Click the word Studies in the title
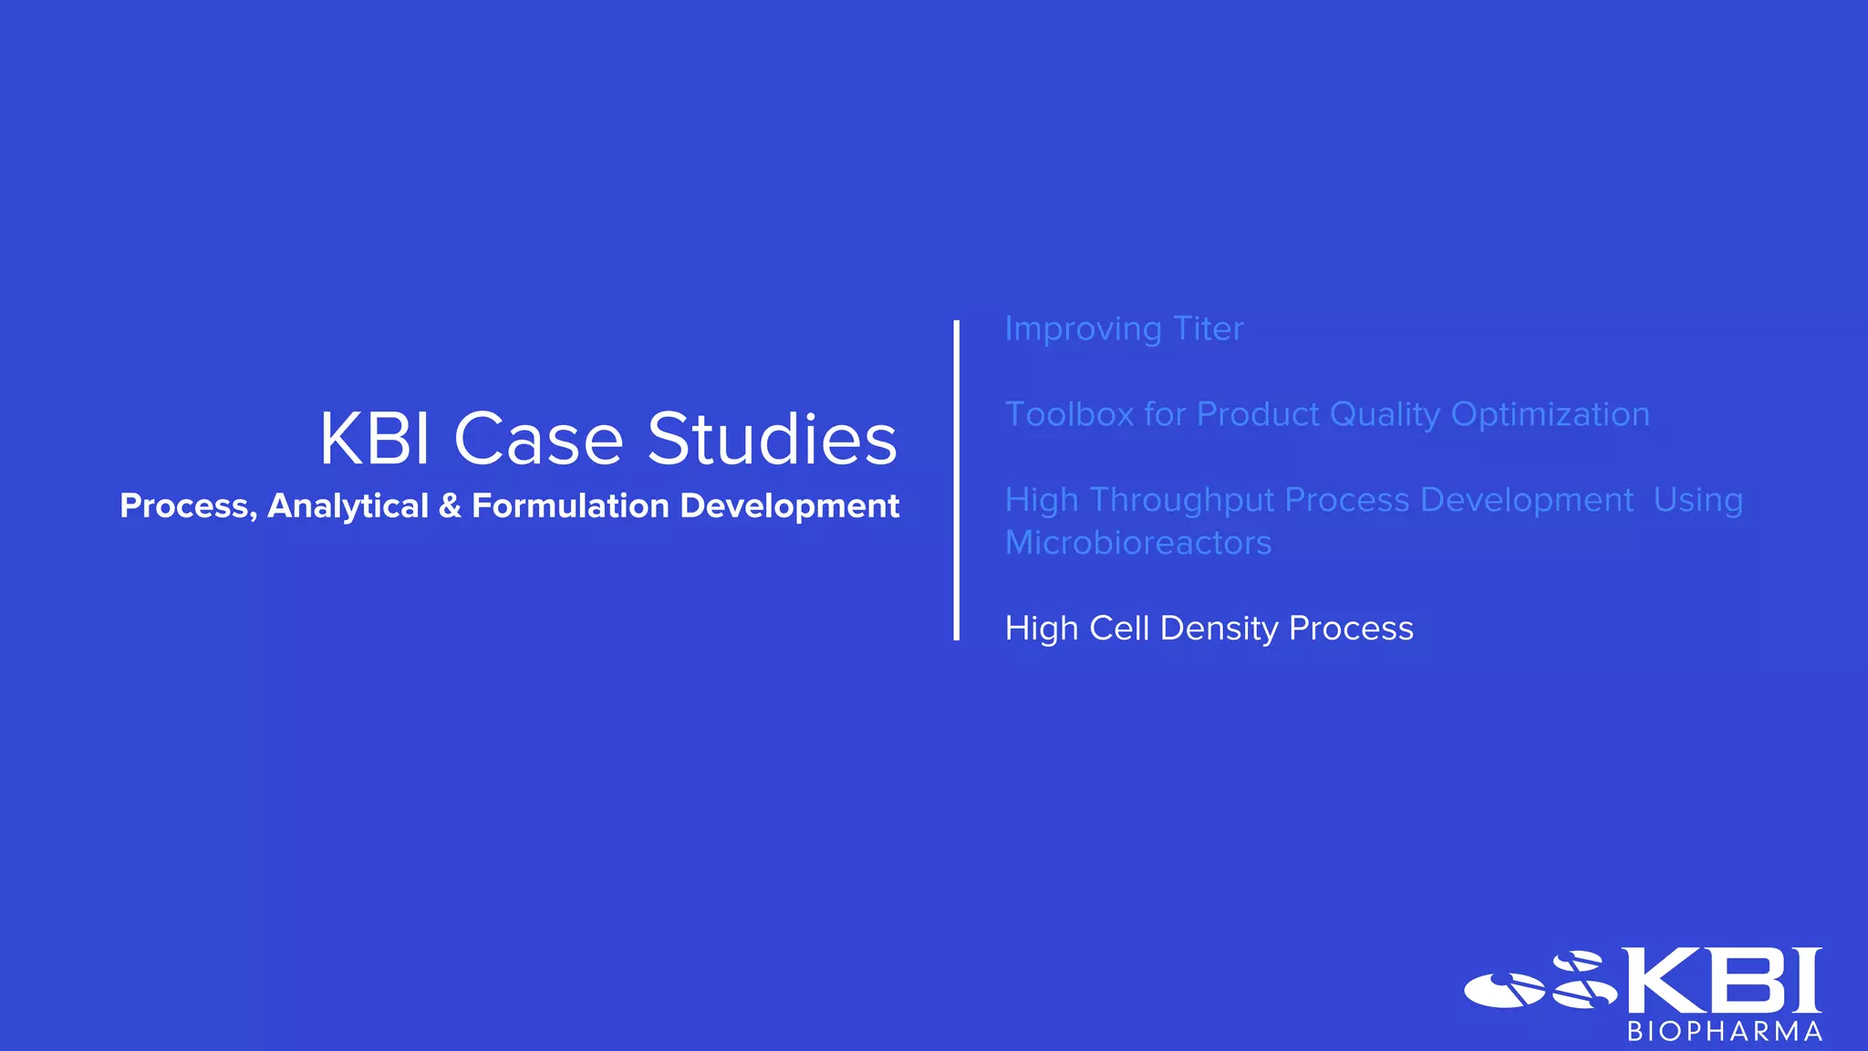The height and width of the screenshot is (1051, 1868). tap(772, 439)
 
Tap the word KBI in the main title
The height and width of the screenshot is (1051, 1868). tap(374, 439)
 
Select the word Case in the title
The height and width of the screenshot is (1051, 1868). tap(538, 439)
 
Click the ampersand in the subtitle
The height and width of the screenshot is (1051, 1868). tap(450, 505)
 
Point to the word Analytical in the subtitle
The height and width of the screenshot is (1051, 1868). tap(348, 505)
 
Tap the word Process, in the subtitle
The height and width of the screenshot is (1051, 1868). tap(188, 505)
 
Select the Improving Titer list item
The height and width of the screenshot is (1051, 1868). tap(1124, 328)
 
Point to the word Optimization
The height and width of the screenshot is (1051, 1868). tap(1550, 414)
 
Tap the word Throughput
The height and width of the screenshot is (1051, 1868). tap(1182, 501)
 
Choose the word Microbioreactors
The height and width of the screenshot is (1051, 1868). tap(1137, 543)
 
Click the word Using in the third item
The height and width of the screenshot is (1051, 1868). tap(1697, 501)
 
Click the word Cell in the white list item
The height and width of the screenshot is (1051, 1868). tap(1119, 628)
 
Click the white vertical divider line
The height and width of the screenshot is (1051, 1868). tap(956, 480)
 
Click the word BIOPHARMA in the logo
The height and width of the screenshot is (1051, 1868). tap(1725, 1032)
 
